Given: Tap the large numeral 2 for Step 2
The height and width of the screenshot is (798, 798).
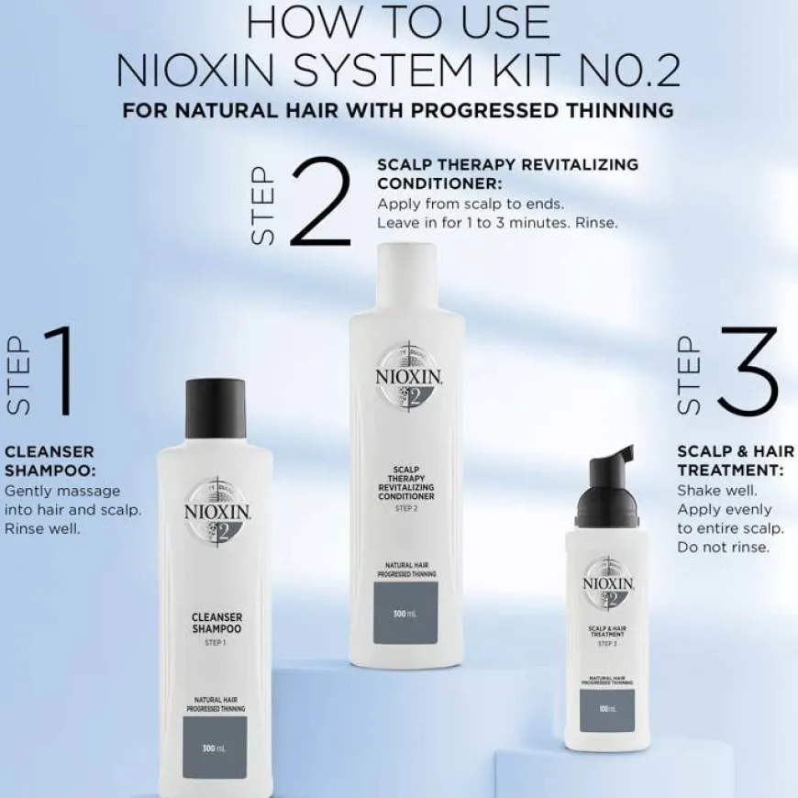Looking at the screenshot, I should [316, 204].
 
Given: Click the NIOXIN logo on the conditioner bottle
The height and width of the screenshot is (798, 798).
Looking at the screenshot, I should [397, 379].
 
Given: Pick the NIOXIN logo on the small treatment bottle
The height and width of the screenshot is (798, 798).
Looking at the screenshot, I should [607, 583].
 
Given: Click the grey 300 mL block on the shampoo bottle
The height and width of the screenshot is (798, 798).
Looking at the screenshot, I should [219, 747].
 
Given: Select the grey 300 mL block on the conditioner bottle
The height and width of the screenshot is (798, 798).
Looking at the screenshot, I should [398, 612].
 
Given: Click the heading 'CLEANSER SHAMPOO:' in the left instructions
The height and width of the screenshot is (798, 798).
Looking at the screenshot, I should [50, 461].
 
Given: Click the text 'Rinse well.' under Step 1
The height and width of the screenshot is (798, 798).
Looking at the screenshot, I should [43, 529].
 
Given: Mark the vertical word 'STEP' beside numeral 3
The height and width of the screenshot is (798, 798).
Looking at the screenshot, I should [690, 373].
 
